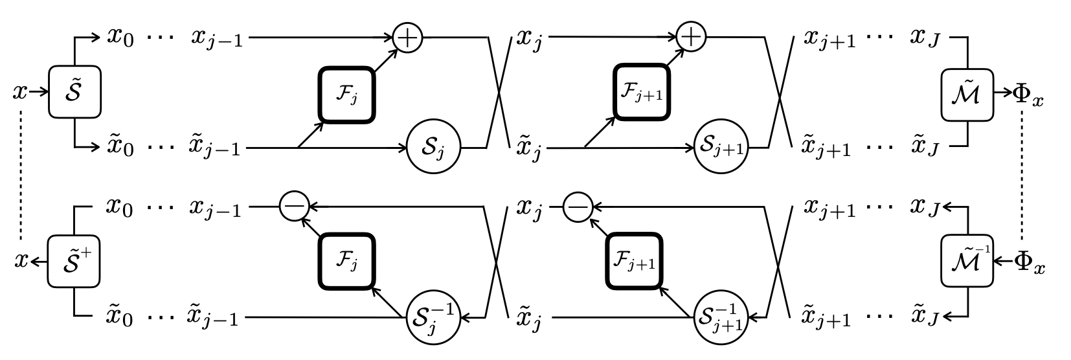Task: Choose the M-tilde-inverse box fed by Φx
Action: [967, 261]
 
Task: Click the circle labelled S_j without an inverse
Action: [434, 148]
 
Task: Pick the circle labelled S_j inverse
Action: [434, 317]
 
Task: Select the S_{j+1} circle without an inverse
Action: [721, 148]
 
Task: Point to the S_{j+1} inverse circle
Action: [721, 317]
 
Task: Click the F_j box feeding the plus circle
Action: [346, 95]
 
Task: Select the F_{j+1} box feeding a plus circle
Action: [641, 92]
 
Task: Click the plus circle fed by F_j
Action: [407, 38]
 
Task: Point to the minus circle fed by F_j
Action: [293, 207]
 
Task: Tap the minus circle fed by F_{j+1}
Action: [578, 207]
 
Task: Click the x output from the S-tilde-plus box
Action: [21, 262]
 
